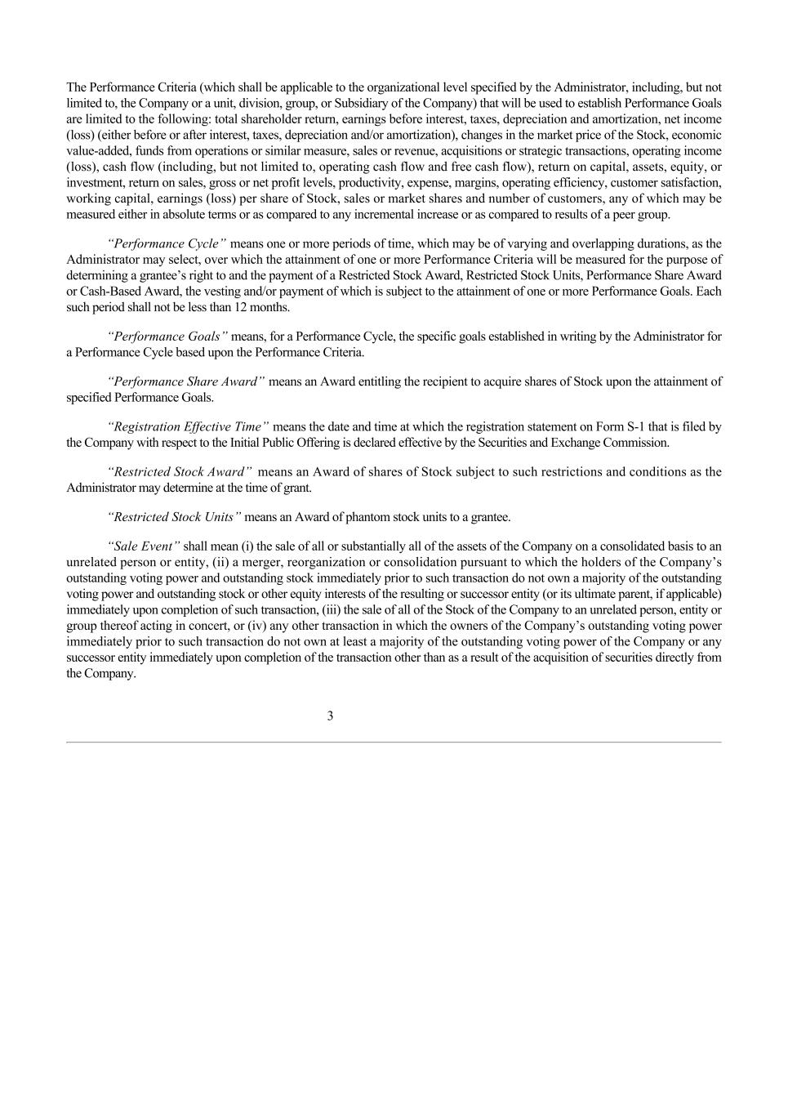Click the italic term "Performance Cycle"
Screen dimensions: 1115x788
pos(167,244)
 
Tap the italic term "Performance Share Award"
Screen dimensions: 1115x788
pos(186,381)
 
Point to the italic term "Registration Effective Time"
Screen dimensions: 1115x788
pos(188,426)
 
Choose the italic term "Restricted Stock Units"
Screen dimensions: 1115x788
pos(174,517)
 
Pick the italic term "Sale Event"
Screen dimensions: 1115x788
pos(144,546)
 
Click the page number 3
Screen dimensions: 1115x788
pos(330,716)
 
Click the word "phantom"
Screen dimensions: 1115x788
pos(367,517)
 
